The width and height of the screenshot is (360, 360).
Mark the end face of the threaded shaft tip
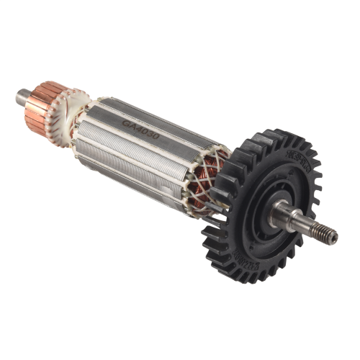pyautogui.click(x=335, y=236)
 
